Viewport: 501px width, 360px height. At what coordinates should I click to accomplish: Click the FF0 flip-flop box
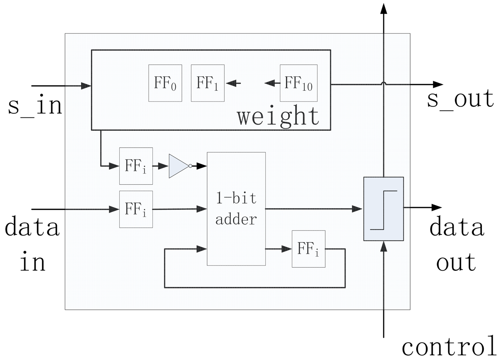pyautogui.click(x=165, y=83)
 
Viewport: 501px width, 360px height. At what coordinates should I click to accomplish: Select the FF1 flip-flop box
pyautogui.click(x=208, y=83)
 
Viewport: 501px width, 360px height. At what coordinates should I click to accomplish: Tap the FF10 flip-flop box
pyautogui.click(x=298, y=83)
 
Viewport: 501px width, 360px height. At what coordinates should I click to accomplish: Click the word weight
pyautogui.click(x=278, y=116)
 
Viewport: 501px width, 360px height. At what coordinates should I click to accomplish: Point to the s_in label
pyautogui.click(x=35, y=105)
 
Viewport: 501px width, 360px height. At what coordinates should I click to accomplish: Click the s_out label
pyautogui.click(x=460, y=99)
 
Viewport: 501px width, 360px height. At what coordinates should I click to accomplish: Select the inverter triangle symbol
pyautogui.click(x=178, y=166)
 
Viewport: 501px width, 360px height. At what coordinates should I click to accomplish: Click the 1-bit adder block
pyautogui.click(x=236, y=209)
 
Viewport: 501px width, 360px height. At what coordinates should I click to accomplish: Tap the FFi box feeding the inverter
pyautogui.click(x=136, y=166)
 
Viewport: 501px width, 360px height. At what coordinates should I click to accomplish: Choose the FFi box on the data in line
pyautogui.click(x=136, y=209)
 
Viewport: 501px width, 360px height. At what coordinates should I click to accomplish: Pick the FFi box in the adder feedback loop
pyautogui.click(x=308, y=249)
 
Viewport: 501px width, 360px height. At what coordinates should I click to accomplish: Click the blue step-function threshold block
pyautogui.click(x=383, y=209)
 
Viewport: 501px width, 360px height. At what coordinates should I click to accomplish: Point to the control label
pyautogui.click(x=449, y=346)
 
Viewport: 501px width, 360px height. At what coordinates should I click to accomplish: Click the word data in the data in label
pyautogui.click(x=32, y=227)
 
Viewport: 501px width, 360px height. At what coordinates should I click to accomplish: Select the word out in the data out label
pyautogui.click(x=456, y=262)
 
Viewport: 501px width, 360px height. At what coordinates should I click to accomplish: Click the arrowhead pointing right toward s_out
pyautogui.click(x=438, y=85)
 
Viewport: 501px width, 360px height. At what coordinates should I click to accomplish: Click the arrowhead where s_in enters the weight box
pyautogui.click(x=86, y=86)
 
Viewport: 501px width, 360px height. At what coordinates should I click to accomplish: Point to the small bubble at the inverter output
pyautogui.click(x=190, y=166)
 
